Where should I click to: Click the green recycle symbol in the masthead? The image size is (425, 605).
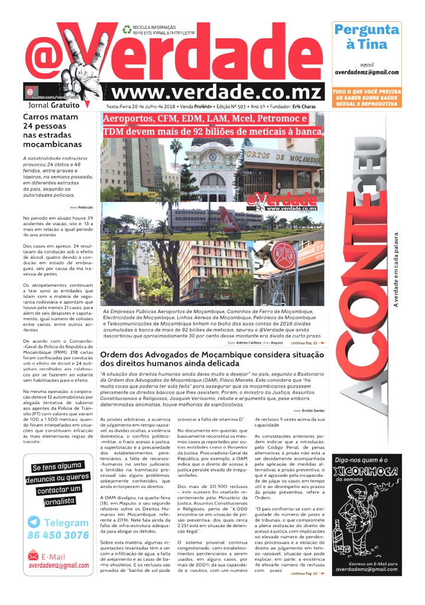[126, 29]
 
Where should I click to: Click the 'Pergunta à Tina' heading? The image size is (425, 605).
[366, 37]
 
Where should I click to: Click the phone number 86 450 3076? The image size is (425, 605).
[58, 536]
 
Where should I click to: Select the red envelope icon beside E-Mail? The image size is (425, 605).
[34, 557]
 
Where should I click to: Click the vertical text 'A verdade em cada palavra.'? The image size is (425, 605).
[396, 268]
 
